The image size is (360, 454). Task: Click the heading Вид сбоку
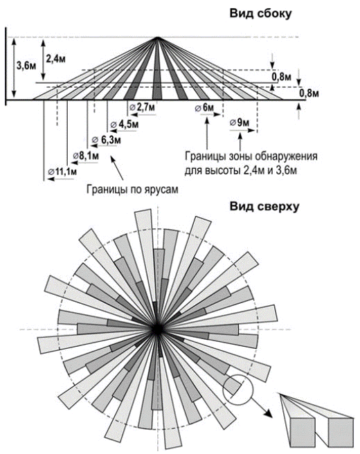pos(260,14)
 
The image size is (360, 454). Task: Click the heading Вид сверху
pos(264,207)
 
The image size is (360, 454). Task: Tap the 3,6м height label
pos(26,66)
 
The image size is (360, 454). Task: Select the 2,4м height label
pos(55,59)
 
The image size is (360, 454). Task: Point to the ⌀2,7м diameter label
pos(142,107)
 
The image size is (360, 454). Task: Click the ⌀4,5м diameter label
pos(125,125)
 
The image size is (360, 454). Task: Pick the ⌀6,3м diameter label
pos(107,140)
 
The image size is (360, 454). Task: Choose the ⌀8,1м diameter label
pos(86,156)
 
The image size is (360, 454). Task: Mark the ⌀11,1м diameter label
pos(62,172)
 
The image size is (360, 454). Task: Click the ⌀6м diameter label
pos(204,108)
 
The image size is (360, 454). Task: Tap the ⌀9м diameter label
pos(240,122)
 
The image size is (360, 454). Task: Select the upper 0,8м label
pos(282,78)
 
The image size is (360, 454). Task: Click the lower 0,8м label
pos(309,94)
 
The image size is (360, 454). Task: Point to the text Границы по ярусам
pos(132,190)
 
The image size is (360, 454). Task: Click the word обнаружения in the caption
pos(286,156)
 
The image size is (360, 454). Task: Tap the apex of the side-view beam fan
pos(158,37)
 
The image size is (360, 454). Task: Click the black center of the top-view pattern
pos(157,329)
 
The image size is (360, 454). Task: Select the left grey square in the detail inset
pos(303,433)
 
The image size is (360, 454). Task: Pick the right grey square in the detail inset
pos(341,433)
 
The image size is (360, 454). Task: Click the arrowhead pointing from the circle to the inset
pos(268,413)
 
